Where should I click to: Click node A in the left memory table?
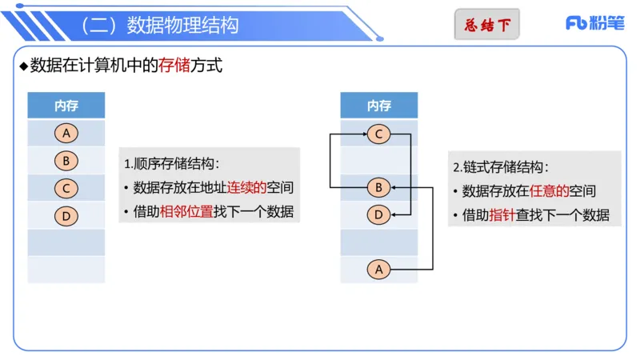point(66,134)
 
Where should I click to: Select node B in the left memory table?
point(66,161)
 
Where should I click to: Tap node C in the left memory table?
point(66,189)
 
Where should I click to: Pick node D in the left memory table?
point(66,215)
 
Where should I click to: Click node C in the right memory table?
point(379,134)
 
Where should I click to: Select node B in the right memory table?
point(379,188)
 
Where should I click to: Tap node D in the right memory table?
point(379,214)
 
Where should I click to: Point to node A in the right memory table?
point(379,270)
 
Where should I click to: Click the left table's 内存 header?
point(66,106)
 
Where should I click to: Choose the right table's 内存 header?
point(379,106)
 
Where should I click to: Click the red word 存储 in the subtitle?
point(174,66)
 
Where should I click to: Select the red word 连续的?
point(246,188)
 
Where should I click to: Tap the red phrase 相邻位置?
point(186,212)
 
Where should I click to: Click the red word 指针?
point(502,215)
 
